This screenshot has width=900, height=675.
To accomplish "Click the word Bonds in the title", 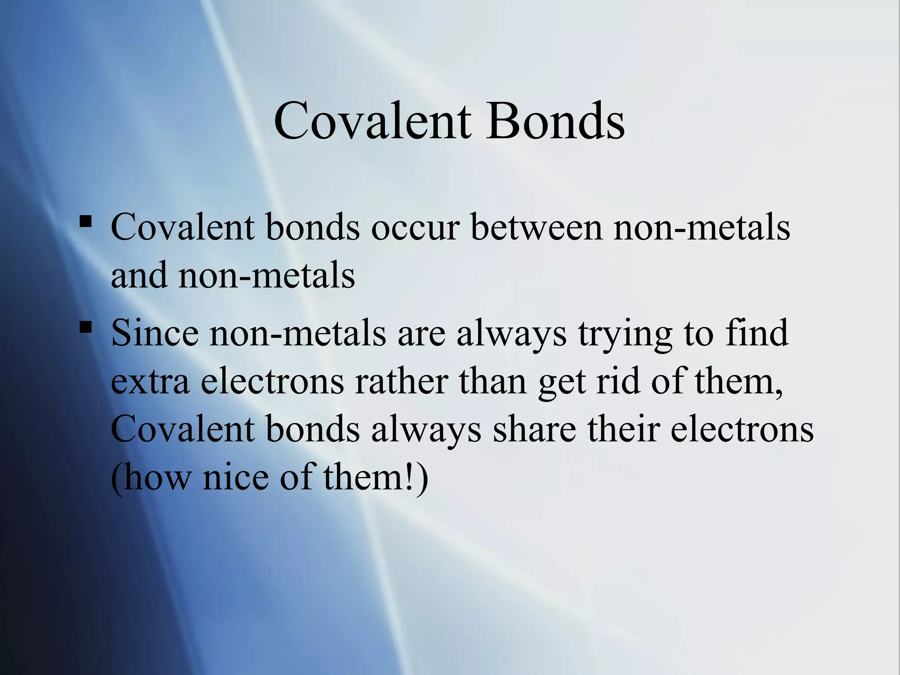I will (555, 120).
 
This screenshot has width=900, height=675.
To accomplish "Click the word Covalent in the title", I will (372, 120).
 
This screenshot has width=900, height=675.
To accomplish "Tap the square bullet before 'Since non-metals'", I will (86, 327).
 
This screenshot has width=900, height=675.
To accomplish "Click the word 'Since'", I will (155, 333).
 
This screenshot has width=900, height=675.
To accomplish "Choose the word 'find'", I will (757, 333).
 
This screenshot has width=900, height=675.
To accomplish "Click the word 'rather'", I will (402, 381).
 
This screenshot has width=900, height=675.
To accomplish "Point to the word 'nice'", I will (236, 478).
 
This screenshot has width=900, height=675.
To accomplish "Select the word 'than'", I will (493, 381).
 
